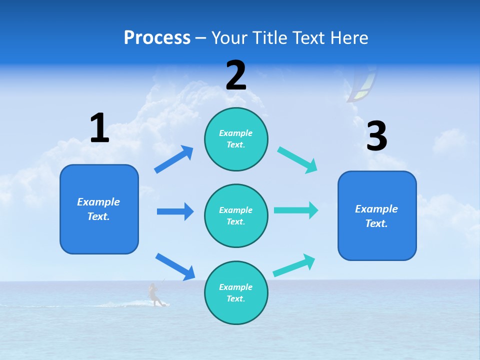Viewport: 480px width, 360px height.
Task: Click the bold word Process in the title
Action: (x=157, y=38)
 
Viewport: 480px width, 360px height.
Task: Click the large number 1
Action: (x=99, y=128)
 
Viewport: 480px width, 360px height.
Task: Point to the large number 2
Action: (x=236, y=75)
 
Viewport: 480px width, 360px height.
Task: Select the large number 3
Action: (x=376, y=136)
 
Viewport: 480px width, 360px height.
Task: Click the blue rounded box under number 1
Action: (x=99, y=209)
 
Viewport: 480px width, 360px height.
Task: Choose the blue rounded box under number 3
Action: (x=377, y=216)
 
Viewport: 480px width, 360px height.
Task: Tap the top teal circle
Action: (x=236, y=139)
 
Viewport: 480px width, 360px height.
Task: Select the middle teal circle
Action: (x=236, y=215)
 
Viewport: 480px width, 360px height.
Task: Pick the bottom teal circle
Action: (x=236, y=292)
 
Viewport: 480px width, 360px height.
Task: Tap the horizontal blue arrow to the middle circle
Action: (x=175, y=211)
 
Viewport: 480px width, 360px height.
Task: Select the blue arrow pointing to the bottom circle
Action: (x=175, y=266)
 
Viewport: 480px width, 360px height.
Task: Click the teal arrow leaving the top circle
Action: (x=297, y=160)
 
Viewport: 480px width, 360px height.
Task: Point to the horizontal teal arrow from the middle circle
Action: (x=295, y=210)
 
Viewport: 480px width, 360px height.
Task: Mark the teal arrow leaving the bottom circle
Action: (x=294, y=265)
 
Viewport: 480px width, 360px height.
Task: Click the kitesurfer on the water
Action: (x=155, y=295)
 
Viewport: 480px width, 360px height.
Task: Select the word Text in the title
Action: (x=308, y=38)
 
